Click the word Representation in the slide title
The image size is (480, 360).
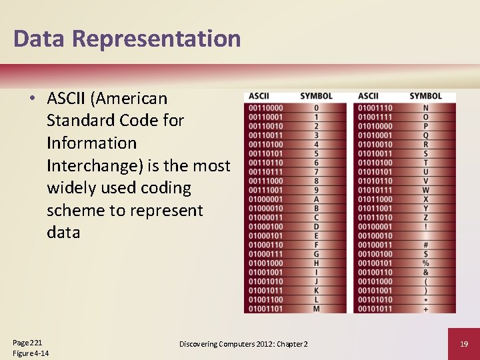click(156, 39)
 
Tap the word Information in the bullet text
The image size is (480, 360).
click(91, 143)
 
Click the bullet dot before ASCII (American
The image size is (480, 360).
click(31, 99)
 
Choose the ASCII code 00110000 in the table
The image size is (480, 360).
click(265, 108)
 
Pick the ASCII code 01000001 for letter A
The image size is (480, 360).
click(265, 199)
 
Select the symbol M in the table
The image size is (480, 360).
click(316, 309)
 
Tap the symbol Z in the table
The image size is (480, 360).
click(425, 217)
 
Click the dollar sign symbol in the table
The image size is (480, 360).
click(425, 254)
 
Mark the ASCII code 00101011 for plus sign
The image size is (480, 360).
click(375, 309)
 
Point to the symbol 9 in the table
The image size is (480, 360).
click(316, 190)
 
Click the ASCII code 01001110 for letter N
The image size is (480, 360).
click(375, 108)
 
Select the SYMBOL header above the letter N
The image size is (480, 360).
click(425, 96)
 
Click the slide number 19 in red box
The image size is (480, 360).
click(463, 344)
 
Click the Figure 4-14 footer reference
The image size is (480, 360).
click(31, 353)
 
